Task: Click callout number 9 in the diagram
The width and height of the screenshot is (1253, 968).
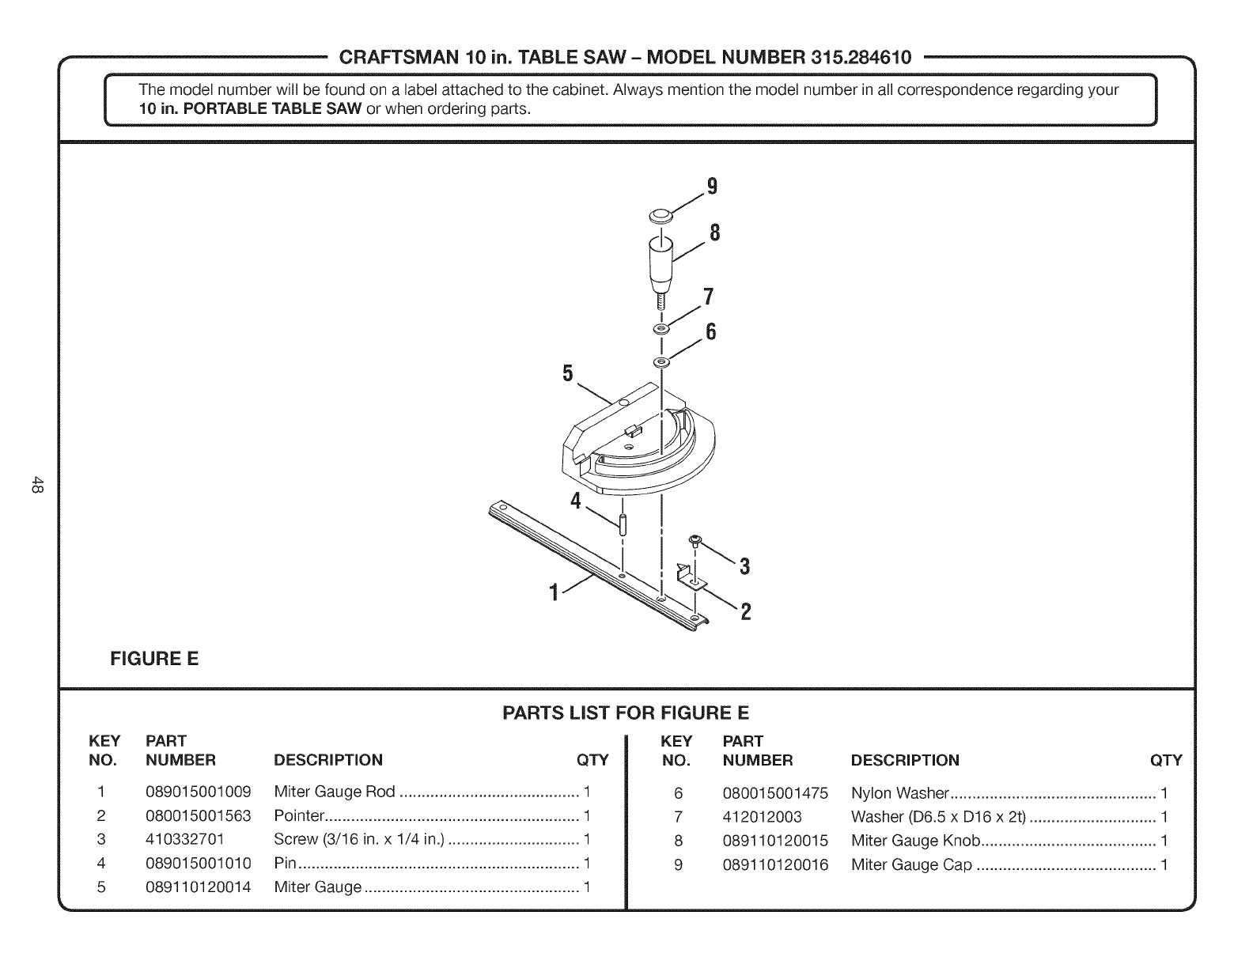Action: tap(712, 187)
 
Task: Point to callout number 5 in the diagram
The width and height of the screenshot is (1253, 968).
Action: tap(567, 373)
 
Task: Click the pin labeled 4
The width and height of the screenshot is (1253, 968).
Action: tap(623, 524)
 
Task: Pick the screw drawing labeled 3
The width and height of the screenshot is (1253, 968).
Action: tap(695, 542)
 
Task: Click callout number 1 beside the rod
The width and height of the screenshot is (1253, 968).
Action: tap(555, 592)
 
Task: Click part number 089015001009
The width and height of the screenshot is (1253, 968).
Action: tap(199, 792)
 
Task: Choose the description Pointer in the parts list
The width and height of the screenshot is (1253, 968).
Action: tap(299, 816)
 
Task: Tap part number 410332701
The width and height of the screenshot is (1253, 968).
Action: tap(185, 839)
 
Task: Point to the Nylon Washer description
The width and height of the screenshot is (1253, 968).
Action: tap(899, 793)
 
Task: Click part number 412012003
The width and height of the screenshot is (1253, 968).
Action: tap(762, 817)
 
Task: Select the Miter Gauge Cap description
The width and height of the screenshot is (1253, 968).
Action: tap(911, 864)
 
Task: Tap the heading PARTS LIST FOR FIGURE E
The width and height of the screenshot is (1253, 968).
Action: tap(626, 713)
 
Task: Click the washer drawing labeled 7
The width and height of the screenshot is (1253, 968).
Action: tap(661, 327)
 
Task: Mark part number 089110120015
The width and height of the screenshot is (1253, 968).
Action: tap(775, 841)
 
